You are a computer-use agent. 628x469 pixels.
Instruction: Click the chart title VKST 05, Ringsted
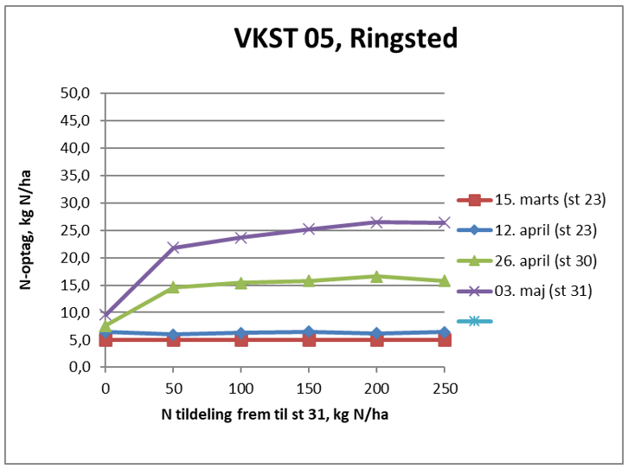pos(345,39)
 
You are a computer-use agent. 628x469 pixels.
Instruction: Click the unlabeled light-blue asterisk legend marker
pos(474,321)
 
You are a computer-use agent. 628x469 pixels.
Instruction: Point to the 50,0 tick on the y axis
pos(76,93)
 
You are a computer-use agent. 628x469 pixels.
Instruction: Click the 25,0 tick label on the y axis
pos(76,230)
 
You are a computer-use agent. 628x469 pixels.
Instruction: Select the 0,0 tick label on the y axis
pos(76,367)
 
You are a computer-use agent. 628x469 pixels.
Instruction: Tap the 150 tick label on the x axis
pos(309,388)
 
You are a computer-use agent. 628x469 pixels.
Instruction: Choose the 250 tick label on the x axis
pos(445,388)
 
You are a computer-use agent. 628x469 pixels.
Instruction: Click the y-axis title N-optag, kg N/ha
pos(29,229)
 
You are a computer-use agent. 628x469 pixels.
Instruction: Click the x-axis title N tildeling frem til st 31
pos(274,414)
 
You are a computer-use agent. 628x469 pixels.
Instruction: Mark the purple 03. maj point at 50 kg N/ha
pos(173,247)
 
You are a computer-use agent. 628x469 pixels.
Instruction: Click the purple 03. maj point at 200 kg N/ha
pos(376,222)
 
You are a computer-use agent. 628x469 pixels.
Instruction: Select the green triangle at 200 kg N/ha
pos(376,276)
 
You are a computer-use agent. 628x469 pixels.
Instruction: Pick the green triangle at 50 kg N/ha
pos(173,286)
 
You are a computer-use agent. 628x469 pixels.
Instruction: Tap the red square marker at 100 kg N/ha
pos(241,339)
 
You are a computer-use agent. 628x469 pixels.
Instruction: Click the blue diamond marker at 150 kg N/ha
pos(309,331)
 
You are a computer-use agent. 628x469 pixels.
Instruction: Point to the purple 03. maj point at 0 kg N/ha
pos(106,315)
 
